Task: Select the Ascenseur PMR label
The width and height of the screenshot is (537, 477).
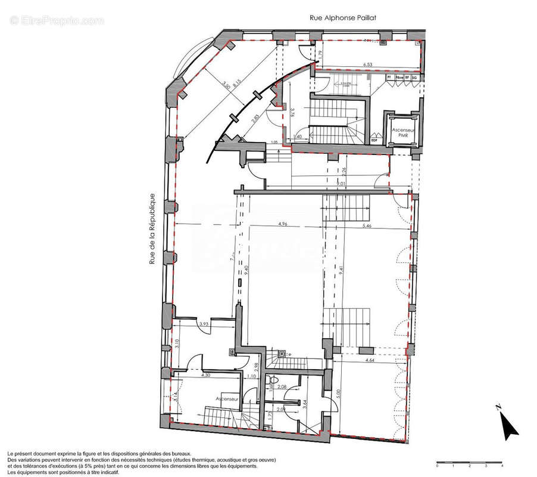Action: pos(402,132)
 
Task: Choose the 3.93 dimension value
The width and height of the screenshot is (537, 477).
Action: pos(204,324)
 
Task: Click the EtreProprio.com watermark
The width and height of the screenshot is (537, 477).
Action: pos(57,20)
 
